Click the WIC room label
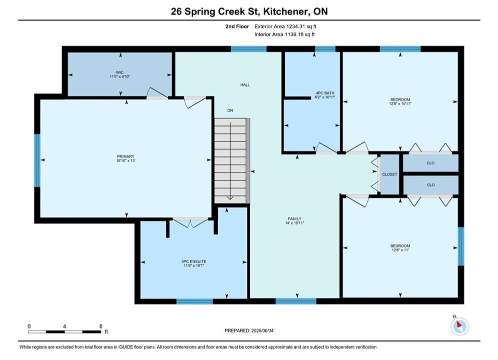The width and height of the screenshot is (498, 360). (120, 72)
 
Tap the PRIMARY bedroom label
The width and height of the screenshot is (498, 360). (126, 156)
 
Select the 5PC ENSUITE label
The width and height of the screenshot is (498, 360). (194, 261)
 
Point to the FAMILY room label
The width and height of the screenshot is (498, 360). (294, 218)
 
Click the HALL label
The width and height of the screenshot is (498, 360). (245, 84)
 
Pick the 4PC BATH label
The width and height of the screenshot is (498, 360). (325, 93)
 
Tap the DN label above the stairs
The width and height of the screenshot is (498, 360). (230, 110)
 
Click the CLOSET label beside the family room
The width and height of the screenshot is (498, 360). (390, 174)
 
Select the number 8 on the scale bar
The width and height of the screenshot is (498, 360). (101, 326)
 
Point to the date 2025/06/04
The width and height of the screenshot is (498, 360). (262, 330)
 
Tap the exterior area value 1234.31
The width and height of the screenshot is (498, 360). (295, 26)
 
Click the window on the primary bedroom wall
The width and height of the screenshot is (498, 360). (38, 160)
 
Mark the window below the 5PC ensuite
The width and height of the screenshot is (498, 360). (194, 301)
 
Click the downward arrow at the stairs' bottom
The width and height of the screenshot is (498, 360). (230, 198)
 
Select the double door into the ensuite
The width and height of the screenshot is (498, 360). (191, 222)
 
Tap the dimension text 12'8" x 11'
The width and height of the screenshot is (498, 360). (400, 250)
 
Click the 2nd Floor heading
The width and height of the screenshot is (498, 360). (237, 26)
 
